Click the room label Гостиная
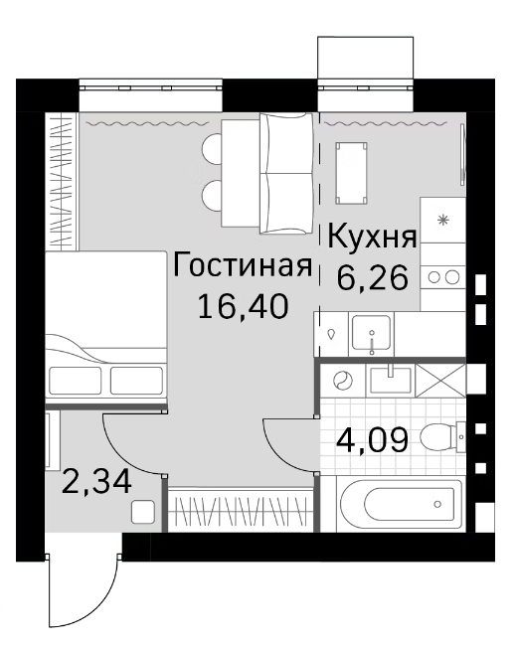[243, 266]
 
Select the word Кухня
[372, 240]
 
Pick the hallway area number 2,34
[97, 485]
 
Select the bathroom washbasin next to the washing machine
[389, 378]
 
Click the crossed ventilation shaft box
[440, 380]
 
